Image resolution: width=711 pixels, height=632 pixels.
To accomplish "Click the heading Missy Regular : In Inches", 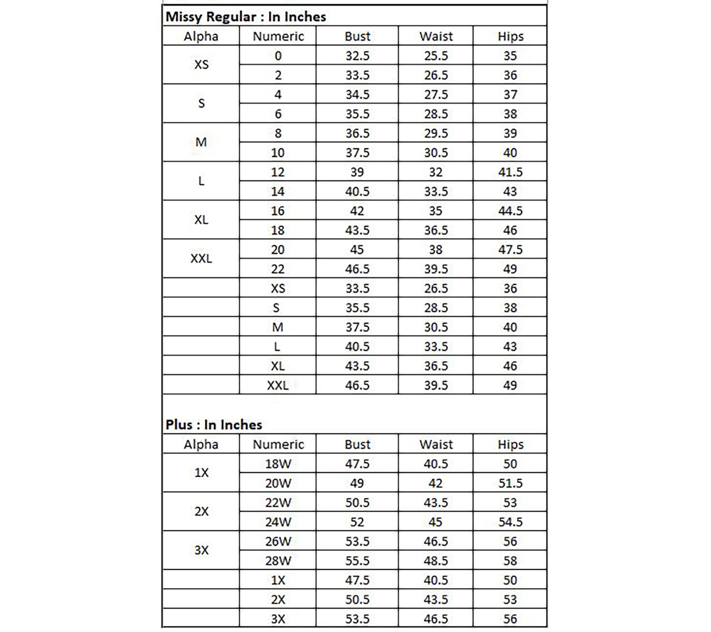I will (246, 17).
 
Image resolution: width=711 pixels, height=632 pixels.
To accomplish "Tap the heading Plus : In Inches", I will (214, 425).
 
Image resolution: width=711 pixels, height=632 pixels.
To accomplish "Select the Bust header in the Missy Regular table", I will (357, 36).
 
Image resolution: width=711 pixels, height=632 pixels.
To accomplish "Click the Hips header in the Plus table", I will (510, 444).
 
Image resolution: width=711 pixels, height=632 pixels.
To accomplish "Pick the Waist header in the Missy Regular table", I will (436, 36).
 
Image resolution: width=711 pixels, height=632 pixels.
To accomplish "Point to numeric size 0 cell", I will (278, 56).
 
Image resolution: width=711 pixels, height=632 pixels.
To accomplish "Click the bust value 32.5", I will (357, 56).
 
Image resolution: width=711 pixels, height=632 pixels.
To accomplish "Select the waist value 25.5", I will (436, 56).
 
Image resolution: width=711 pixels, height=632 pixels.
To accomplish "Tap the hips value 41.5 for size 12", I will (510, 172).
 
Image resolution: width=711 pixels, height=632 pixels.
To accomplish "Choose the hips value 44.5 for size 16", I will (510, 211).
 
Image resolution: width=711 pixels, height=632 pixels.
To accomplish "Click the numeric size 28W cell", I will (278, 561).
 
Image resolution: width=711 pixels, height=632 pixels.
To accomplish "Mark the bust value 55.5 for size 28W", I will (357, 561).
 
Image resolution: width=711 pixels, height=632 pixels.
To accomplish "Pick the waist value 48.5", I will (436, 561).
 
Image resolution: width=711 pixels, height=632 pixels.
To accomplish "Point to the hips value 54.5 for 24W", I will (510, 522).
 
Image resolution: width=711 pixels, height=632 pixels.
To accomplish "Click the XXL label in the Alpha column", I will (201, 258).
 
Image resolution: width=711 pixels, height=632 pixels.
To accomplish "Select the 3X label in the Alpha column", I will (201, 550).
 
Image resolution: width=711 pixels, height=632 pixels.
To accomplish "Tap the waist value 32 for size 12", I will (436, 172).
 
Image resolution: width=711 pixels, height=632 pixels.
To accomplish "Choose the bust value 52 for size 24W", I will (357, 522).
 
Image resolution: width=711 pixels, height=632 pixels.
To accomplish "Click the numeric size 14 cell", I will (278, 192).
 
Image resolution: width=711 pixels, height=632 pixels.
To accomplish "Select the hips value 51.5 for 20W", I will (510, 483).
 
